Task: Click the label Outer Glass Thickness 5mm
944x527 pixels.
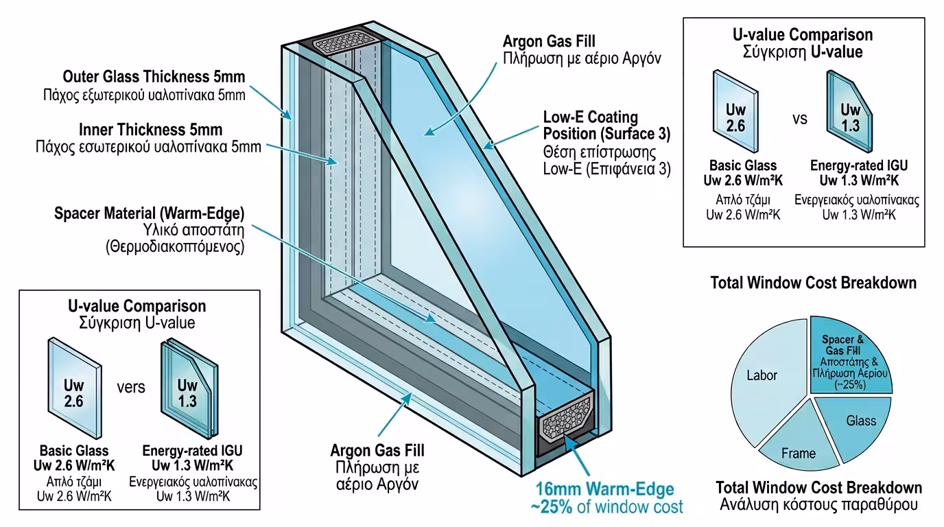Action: [x=154, y=76]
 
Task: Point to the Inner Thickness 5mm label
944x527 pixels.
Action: [x=151, y=130]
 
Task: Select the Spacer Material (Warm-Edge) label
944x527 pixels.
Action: [x=150, y=213]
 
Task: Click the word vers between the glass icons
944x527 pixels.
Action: [x=130, y=387]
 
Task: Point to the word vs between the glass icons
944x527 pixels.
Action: [x=800, y=119]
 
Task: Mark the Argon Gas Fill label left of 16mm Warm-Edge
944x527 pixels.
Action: [x=377, y=451]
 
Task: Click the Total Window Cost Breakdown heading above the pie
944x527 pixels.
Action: [x=814, y=283]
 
